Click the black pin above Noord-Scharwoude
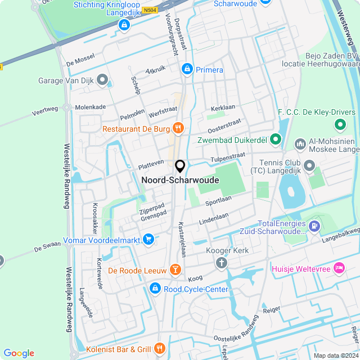[180, 166]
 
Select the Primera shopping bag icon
[187, 69]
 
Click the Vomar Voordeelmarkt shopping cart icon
[148, 238]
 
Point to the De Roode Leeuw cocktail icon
[175, 271]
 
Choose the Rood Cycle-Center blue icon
[155, 289]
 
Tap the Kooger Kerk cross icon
[222, 263]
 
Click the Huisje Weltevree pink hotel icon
[339, 268]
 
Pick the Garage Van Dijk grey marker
[102, 80]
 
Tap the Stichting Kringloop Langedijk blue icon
[124, 25]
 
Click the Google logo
[19, 353]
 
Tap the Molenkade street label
[91, 106]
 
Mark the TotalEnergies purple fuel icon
[314, 226]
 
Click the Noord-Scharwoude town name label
[180, 181]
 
